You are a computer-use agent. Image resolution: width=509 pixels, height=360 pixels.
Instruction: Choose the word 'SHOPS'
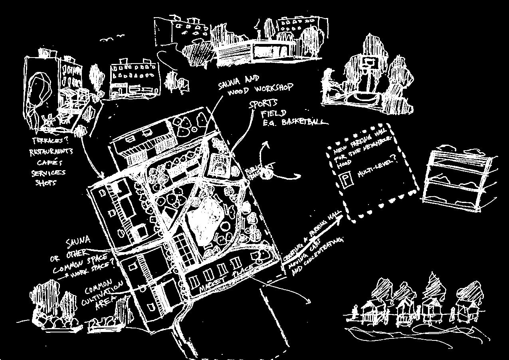pos(46,183)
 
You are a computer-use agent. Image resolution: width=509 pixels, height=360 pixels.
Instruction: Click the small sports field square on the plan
pos(219,165)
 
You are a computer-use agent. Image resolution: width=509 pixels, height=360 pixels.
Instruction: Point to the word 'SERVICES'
pos(48,173)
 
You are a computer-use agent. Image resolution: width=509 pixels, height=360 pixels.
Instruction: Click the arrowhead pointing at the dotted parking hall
pos(338,219)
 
